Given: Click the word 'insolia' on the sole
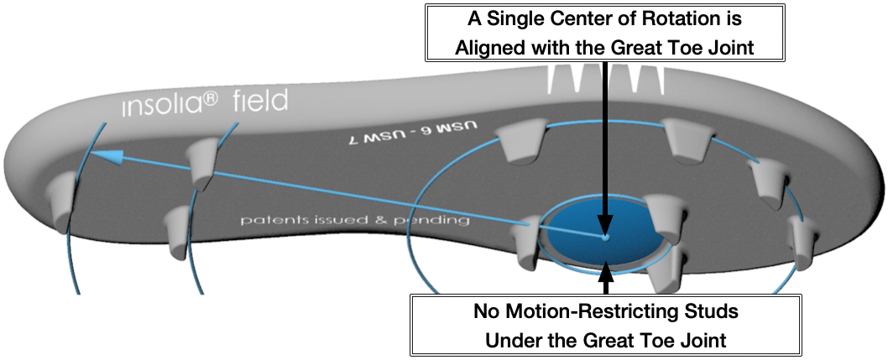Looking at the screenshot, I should [159, 106].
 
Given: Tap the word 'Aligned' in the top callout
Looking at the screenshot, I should [491, 49].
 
